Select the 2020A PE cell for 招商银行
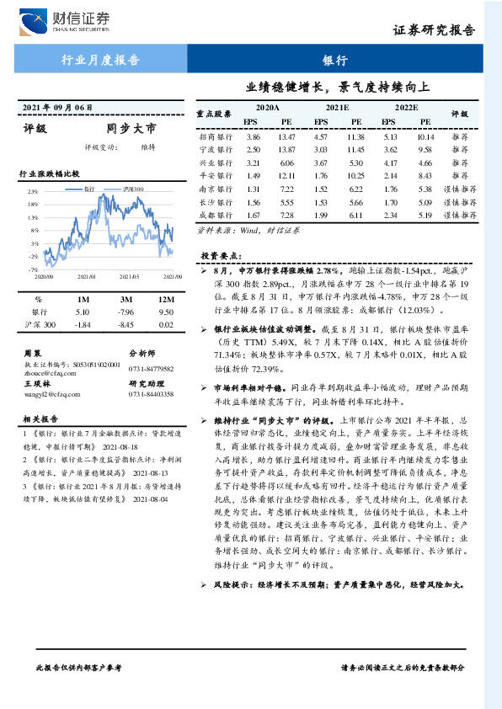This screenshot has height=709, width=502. coord(287,136)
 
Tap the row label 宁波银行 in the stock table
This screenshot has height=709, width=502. coord(216,149)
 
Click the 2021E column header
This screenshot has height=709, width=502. coord(337,109)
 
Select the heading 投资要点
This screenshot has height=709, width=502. coord(220,254)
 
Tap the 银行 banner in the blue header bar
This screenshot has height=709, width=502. coord(335,60)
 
